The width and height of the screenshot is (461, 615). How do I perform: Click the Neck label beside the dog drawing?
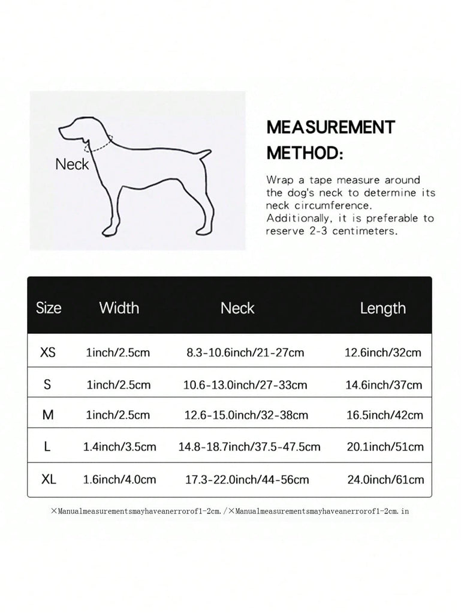click(x=72, y=163)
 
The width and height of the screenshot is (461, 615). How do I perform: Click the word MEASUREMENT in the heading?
click(x=331, y=127)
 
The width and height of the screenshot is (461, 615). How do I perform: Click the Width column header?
click(x=119, y=308)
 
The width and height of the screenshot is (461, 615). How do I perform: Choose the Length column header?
click(x=382, y=308)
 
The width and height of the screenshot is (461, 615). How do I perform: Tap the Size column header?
click(x=49, y=308)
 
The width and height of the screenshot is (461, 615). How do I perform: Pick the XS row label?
click(x=48, y=353)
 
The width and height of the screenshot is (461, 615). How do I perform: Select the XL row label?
click(x=49, y=479)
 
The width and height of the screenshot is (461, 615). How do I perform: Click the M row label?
click(x=48, y=415)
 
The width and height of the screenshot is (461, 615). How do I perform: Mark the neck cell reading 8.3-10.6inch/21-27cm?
click(x=245, y=353)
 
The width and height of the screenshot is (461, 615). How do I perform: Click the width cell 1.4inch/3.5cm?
click(x=119, y=447)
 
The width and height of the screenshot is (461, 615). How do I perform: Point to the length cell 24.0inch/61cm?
click(x=385, y=479)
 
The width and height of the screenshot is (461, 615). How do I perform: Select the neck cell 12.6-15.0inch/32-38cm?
click(x=247, y=415)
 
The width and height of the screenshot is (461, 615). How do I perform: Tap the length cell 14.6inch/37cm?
click(x=384, y=384)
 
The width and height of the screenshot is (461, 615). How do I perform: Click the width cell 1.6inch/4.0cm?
click(x=119, y=479)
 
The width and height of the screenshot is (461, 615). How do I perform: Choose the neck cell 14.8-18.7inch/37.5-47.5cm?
click(x=249, y=447)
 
